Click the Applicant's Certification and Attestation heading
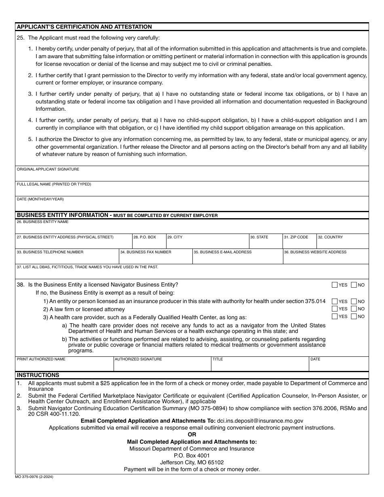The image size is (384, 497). pos(84,27)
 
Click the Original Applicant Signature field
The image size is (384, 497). pos(192,176)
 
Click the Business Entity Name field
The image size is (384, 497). pos(192,228)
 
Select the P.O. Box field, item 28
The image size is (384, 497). pos(149,243)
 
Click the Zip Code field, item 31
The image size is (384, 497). pos(300,243)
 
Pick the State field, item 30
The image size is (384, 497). pos(265,243)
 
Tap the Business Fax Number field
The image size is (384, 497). pos(155,259)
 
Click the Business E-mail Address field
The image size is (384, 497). pos(237,259)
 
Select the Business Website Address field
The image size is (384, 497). pos(325,259)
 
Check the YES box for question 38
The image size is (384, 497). pos(335,285)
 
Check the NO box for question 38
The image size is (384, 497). pos(354,285)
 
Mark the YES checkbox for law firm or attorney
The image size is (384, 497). pos(335,309)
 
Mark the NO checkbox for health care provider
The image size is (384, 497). pos(354,316)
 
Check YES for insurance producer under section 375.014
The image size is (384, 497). pos(335,301)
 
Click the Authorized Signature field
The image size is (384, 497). pos(162,366)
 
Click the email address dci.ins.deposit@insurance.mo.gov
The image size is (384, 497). pos(260,421)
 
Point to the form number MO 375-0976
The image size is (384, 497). pos(34,477)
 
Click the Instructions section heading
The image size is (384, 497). pos(38,375)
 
